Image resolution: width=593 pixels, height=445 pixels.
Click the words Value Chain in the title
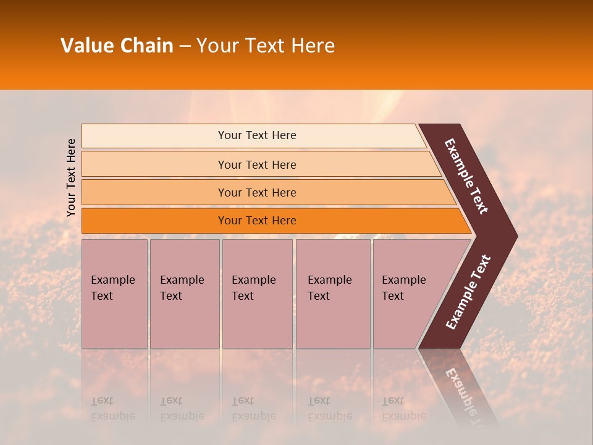click(117, 46)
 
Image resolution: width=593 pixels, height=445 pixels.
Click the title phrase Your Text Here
click(265, 46)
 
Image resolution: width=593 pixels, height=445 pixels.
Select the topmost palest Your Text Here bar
click(257, 135)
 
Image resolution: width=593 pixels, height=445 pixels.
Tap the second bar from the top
click(257, 164)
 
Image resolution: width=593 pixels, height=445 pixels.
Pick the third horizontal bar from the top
click(257, 192)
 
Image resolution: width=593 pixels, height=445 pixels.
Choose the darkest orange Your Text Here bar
click(257, 221)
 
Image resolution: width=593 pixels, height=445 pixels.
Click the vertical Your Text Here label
click(71, 177)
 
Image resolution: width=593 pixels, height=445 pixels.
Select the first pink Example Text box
click(114, 294)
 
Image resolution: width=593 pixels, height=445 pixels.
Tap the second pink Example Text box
click(184, 294)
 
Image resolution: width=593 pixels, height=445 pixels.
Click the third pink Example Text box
click(257, 294)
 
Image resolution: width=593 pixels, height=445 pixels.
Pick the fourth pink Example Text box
click(332, 294)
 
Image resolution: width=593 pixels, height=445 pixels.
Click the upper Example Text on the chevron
click(466, 176)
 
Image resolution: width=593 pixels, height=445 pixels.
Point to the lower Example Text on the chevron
click(468, 292)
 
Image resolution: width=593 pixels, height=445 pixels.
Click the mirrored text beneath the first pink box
click(112, 409)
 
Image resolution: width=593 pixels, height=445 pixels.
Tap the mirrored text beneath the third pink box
click(253, 409)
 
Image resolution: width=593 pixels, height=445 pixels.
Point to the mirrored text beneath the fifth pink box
click(403, 409)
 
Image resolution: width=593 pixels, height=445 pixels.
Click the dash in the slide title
click(185, 46)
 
